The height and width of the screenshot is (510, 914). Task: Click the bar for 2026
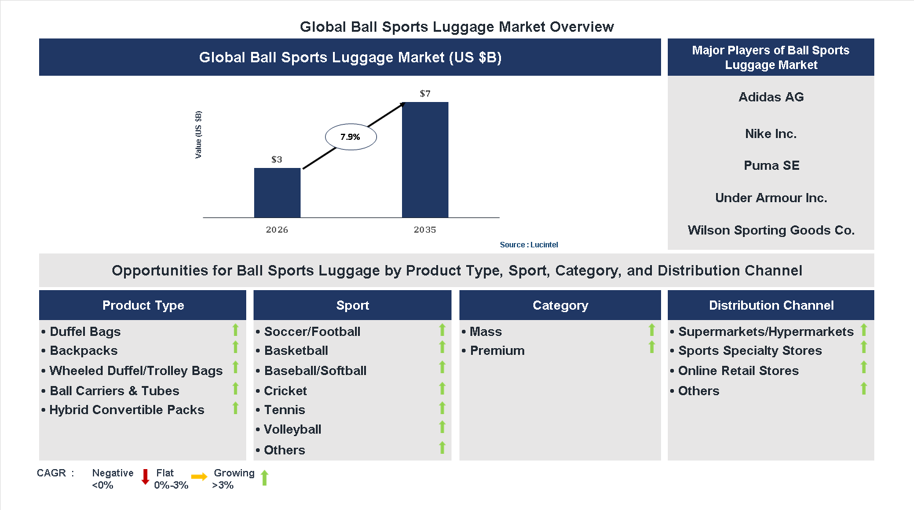pyautogui.click(x=277, y=192)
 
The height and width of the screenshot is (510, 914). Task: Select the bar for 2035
pyautogui.click(x=425, y=159)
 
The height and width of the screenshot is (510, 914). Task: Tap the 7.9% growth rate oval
pyautogui.click(x=350, y=137)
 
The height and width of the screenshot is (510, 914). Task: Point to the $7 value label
pyautogui.click(x=425, y=93)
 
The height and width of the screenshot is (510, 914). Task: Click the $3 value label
pyautogui.click(x=277, y=159)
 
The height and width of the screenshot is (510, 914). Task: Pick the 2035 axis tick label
pyautogui.click(x=425, y=230)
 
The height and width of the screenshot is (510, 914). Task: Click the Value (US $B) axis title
pyautogui.click(x=198, y=135)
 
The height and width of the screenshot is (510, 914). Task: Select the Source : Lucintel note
pyautogui.click(x=528, y=245)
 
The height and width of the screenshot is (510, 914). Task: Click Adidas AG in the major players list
pyautogui.click(x=771, y=97)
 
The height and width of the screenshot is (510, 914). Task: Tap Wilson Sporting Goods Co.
pyautogui.click(x=771, y=230)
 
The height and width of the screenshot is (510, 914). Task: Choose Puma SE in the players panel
pyautogui.click(x=771, y=166)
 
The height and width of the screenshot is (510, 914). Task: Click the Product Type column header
pyautogui.click(x=143, y=305)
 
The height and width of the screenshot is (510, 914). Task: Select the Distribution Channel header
pyautogui.click(x=771, y=305)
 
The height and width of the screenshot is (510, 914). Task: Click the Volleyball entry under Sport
pyautogui.click(x=292, y=429)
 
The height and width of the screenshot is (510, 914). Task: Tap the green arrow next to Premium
pyautogui.click(x=652, y=348)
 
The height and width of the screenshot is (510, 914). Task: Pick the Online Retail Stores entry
pyautogui.click(x=738, y=371)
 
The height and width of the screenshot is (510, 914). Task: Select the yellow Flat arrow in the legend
pyautogui.click(x=199, y=477)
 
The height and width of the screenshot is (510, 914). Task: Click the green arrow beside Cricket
pyautogui.click(x=442, y=388)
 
